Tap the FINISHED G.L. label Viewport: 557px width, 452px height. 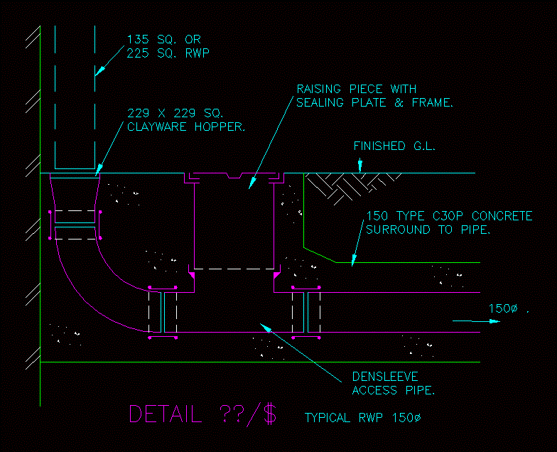[394, 147]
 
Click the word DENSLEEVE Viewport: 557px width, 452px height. [384, 377]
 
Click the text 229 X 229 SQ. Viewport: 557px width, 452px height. [175, 114]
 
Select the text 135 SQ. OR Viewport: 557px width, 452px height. [163, 39]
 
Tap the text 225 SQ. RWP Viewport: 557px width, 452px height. [168, 53]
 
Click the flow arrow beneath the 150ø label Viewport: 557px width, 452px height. [477, 321]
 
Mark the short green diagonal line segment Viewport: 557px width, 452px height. [319, 254]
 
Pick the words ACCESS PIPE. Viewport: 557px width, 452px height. [392, 390]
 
